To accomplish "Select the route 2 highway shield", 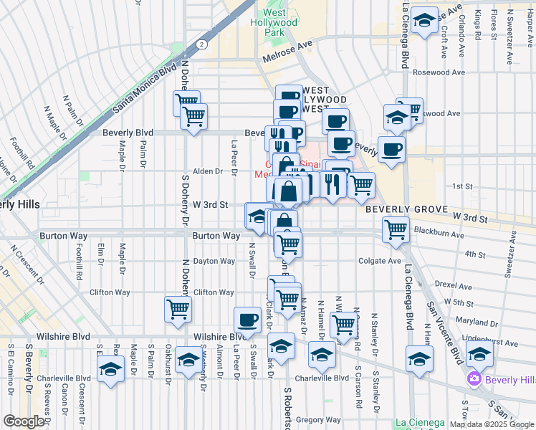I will click(x=203, y=44).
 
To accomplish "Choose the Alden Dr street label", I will click(x=208, y=171).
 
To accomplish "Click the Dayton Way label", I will click(x=214, y=262).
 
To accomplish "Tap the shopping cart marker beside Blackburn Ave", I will click(x=396, y=230).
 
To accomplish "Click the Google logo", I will click(x=24, y=421).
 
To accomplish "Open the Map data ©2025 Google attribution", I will click(x=492, y=424).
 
